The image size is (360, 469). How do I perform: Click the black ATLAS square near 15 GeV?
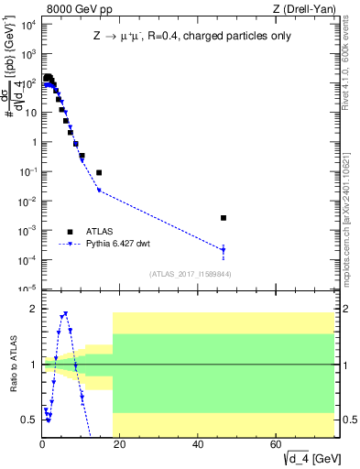click(99, 172)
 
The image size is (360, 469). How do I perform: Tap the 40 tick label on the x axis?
click(199, 444)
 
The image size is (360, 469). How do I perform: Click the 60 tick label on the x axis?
click(277, 444)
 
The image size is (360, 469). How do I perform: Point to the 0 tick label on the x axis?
click(42, 444)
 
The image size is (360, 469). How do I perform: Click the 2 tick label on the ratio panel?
click(34, 309)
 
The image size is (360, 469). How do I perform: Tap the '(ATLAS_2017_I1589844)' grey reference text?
click(190, 274)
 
